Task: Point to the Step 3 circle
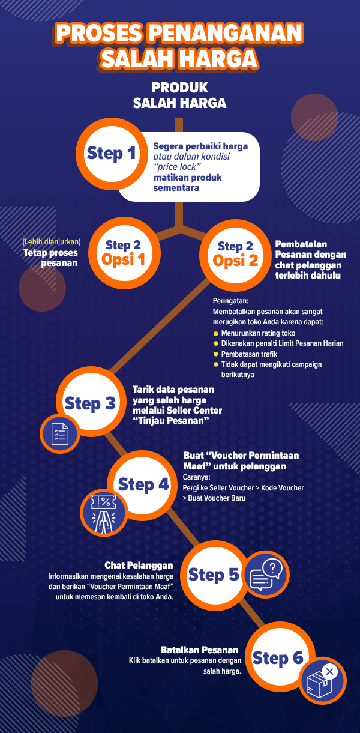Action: [x=90, y=403]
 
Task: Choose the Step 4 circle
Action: [x=143, y=484]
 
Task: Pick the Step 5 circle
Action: [x=214, y=575]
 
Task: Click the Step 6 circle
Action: [x=278, y=658]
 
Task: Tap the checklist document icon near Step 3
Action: [x=59, y=433]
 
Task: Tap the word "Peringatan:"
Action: [x=230, y=301]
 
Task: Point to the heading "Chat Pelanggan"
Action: [x=139, y=566]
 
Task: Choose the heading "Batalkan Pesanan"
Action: [x=199, y=650]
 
